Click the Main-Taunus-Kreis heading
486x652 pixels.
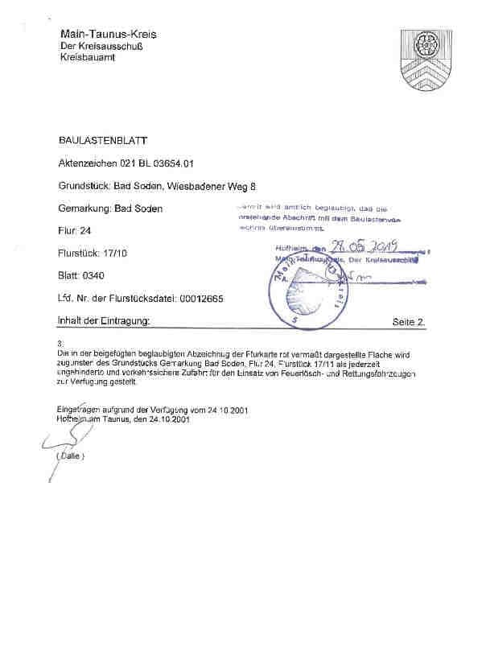tap(108, 35)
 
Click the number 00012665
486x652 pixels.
tap(199, 298)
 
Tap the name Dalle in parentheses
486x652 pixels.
tap(71, 456)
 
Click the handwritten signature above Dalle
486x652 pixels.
tap(60, 439)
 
